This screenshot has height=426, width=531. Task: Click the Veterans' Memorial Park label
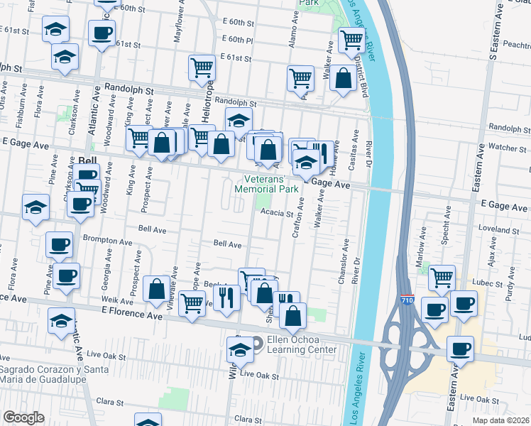tap(266, 185)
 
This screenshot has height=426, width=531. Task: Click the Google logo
tap(23, 417)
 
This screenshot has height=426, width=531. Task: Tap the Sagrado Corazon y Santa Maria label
tap(54, 374)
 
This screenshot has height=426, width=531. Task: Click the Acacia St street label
tap(277, 213)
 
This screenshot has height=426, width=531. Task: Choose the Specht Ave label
tap(448, 222)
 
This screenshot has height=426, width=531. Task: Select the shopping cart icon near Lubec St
tap(442, 278)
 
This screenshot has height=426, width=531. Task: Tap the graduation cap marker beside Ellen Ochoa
tap(240, 350)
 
